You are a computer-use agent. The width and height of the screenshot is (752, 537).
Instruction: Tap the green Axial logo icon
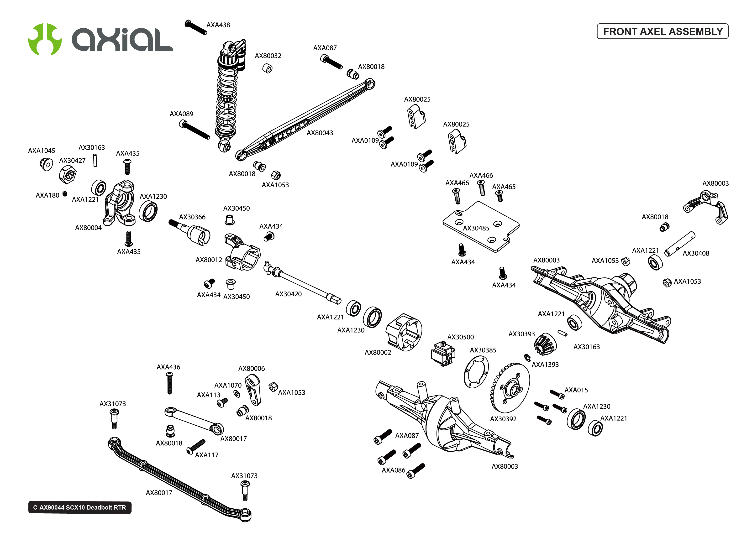point(45,39)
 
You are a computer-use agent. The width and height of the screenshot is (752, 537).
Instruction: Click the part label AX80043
point(320,133)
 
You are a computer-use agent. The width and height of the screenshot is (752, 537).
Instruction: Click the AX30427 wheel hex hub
point(68,174)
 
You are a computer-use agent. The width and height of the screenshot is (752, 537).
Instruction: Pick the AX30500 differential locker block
point(443,354)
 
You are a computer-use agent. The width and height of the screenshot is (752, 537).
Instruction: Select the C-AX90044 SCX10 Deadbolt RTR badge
point(80,507)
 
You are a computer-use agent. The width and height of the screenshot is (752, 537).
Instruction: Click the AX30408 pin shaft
point(680,244)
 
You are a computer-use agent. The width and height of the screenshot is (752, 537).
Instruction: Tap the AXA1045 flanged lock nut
point(46,164)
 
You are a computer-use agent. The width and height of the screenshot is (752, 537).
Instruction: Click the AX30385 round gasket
point(476,372)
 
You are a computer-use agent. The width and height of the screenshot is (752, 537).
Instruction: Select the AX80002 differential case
point(404,332)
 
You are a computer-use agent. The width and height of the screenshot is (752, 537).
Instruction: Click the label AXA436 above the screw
point(168,367)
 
